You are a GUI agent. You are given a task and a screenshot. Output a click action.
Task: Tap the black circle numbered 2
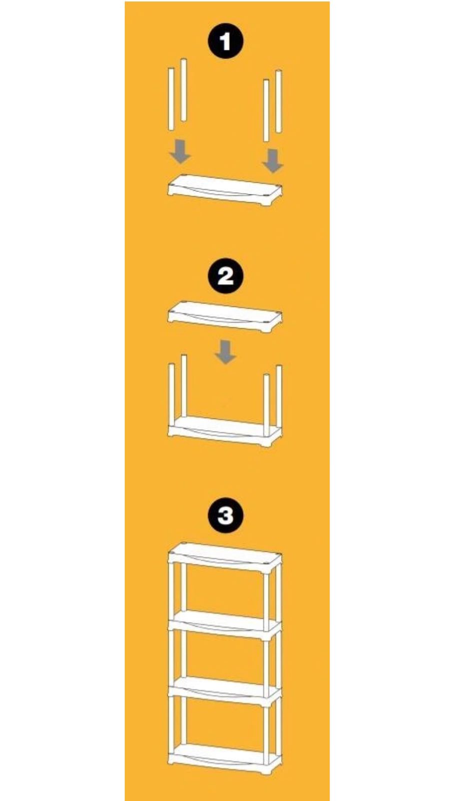point(225,276)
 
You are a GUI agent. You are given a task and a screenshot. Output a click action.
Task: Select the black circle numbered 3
point(225,516)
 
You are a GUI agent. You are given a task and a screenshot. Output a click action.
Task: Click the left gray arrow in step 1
point(180,152)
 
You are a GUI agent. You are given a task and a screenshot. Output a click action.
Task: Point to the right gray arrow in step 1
point(273,161)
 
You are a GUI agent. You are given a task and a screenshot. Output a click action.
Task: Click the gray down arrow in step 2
point(225,352)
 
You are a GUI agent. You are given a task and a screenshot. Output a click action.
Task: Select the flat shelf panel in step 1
point(225,190)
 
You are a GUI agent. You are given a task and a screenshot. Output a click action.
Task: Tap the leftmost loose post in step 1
point(171,100)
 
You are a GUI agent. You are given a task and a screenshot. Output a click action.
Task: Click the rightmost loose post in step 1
point(278,102)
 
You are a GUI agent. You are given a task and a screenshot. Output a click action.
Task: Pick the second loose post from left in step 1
point(183,90)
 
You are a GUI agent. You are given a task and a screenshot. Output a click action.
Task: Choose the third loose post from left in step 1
point(266,111)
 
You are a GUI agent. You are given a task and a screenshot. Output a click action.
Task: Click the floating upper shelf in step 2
point(225,317)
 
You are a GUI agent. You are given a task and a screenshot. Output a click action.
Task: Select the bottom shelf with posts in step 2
point(225,431)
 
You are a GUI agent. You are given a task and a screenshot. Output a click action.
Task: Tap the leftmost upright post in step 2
point(171,395)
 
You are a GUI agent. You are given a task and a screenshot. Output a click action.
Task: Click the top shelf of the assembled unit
point(225,558)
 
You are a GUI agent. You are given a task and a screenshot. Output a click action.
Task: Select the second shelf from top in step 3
point(225,625)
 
